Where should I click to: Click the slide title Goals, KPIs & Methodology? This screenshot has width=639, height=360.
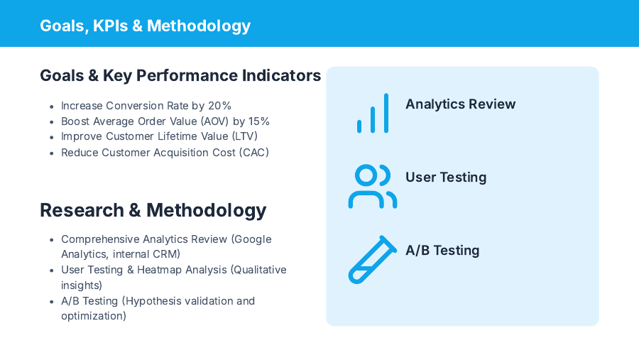(x=145, y=26)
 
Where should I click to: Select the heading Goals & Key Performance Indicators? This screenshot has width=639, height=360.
(x=180, y=75)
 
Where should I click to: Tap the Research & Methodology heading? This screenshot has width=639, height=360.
(x=153, y=210)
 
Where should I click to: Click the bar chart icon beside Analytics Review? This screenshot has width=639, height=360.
(x=373, y=114)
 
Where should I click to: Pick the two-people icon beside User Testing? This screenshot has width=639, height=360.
(x=372, y=187)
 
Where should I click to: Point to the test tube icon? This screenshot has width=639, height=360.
(x=372, y=260)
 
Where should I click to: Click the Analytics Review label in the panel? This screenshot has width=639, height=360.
(x=460, y=104)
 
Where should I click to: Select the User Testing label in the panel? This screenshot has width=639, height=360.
(x=446, y=178)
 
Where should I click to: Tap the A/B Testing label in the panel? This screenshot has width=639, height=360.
(x=442, y=251)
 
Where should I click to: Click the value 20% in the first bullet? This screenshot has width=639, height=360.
(x=219, y=106)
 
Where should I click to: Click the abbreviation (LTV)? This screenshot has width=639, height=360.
(x=245, y=137)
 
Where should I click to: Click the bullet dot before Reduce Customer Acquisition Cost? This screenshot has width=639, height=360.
(x=51, y=153)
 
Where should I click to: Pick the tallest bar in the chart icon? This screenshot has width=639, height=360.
(x=386, y=114)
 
